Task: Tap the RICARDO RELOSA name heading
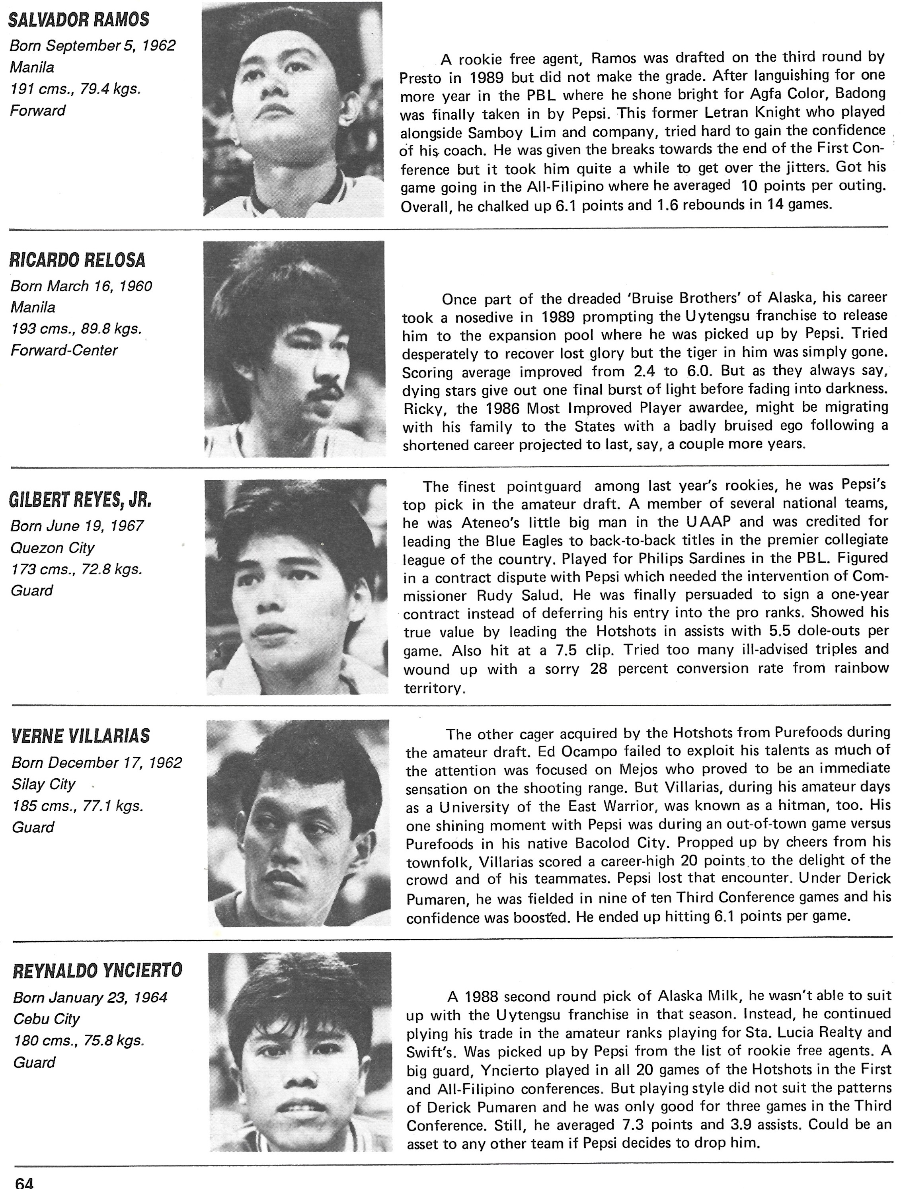[78, 260]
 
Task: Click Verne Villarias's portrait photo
[298, 822]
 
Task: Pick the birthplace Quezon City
[53, 548]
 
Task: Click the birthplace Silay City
[43, 784]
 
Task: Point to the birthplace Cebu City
[46, 1019]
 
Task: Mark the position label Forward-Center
[64, 350]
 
